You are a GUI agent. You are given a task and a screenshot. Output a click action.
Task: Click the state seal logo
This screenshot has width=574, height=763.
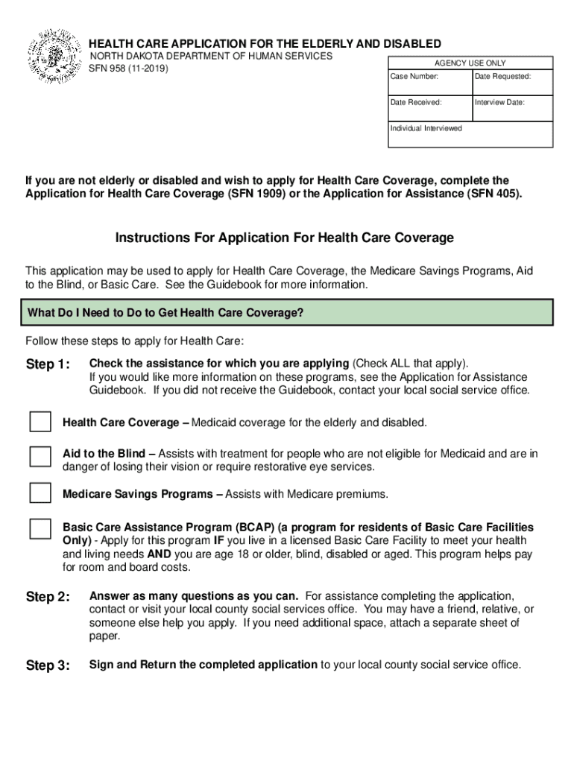pos(54,57)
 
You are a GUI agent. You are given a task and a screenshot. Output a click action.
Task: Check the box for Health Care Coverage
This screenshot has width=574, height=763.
pos(40,422)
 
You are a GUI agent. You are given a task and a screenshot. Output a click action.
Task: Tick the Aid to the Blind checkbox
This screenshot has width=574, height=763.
pos(40,458)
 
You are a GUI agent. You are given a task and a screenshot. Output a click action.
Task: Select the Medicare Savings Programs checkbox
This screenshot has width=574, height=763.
pos(40,493)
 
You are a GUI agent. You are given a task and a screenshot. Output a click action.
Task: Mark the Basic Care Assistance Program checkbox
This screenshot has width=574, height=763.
pos(40,529)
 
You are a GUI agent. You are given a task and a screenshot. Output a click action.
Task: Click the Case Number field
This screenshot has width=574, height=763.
pos(429,83)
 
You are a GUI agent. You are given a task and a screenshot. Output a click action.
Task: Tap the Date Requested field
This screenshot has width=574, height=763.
pos(511,83)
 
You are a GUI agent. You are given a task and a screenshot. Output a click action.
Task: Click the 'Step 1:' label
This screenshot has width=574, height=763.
pos(48,364)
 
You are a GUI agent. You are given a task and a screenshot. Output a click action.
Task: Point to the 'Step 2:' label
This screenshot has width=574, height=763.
pos(48,597)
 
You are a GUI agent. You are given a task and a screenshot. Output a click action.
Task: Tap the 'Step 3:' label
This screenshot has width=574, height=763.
pos(48,666)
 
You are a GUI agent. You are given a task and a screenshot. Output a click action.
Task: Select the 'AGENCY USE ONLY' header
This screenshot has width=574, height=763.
pos(470,63)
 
